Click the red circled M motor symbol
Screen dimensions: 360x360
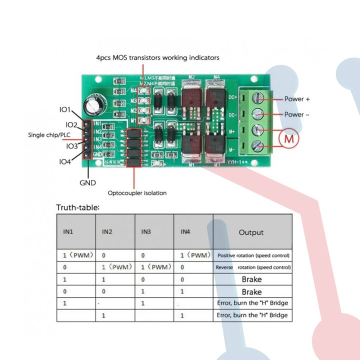(x=289, y=138)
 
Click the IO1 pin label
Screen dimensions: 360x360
(x=65, y=109)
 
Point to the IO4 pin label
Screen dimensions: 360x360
(x=65, y=161)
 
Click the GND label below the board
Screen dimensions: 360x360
(x=87, y=183)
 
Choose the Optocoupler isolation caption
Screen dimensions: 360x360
(x=137, y=193)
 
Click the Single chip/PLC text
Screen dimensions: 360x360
(x=48, y=135)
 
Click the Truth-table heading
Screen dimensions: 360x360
(x=78, y=207)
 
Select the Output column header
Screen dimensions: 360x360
(x=251, y=232)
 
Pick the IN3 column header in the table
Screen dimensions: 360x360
(x=146, y=232)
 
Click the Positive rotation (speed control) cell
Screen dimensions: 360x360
(x=253, y=255)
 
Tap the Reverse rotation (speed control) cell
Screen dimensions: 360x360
(x=253, y=267)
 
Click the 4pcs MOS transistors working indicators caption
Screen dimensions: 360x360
(x=157, y=58)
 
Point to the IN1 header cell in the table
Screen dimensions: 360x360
(x=68, y=232)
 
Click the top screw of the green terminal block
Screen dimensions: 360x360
(x=258, y=97)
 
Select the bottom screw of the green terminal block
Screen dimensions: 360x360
(x=258, y=146)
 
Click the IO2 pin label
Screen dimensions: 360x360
(x=71, y=124)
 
